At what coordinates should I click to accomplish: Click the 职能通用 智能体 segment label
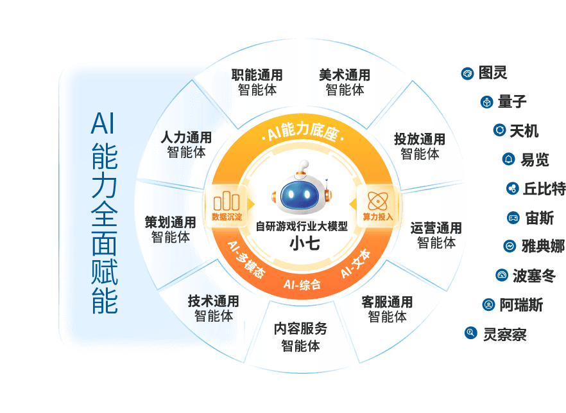257,82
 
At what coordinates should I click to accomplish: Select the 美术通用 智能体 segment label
345,82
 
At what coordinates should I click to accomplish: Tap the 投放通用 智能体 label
420,146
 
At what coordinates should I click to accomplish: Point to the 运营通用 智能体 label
436,235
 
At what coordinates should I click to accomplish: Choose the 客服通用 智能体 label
387,309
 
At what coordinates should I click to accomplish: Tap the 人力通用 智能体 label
186,145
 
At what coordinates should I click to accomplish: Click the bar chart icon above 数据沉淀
227,199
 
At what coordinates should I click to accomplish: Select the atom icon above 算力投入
377,199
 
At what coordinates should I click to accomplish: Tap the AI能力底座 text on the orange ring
302,134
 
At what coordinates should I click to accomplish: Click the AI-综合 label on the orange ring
302,284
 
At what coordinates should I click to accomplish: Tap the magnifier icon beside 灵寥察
471,332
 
